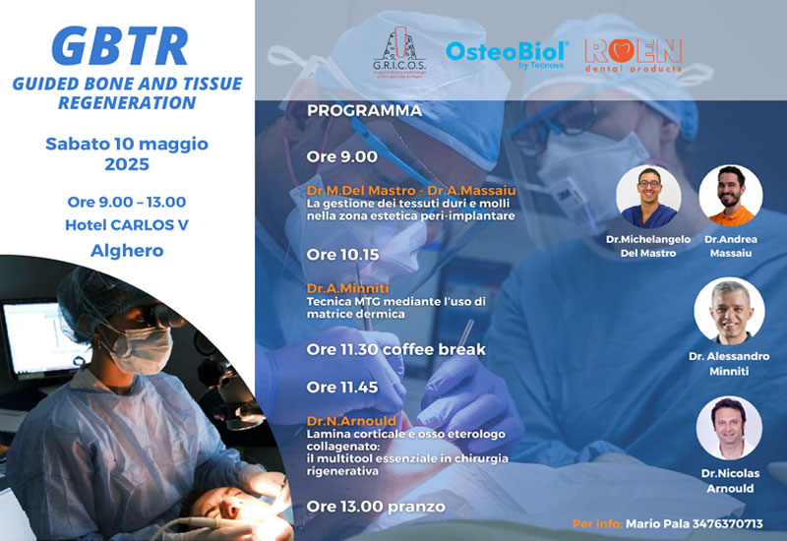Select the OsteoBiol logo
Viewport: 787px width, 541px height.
507,52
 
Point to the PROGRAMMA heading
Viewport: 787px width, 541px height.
364,110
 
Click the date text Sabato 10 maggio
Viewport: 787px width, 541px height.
127,144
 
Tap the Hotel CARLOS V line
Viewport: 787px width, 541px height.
127,225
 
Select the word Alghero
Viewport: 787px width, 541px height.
127,250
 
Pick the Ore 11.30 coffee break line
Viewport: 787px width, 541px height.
395,349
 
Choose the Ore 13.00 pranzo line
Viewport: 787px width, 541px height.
375,507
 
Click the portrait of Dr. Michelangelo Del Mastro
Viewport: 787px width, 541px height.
648,197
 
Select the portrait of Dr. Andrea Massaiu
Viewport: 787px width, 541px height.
731,197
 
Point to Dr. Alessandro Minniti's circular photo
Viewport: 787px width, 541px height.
729,312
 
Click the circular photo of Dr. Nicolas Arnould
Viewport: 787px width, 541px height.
729,428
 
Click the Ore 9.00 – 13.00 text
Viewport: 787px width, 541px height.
127,202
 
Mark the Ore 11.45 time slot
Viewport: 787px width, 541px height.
342,388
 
